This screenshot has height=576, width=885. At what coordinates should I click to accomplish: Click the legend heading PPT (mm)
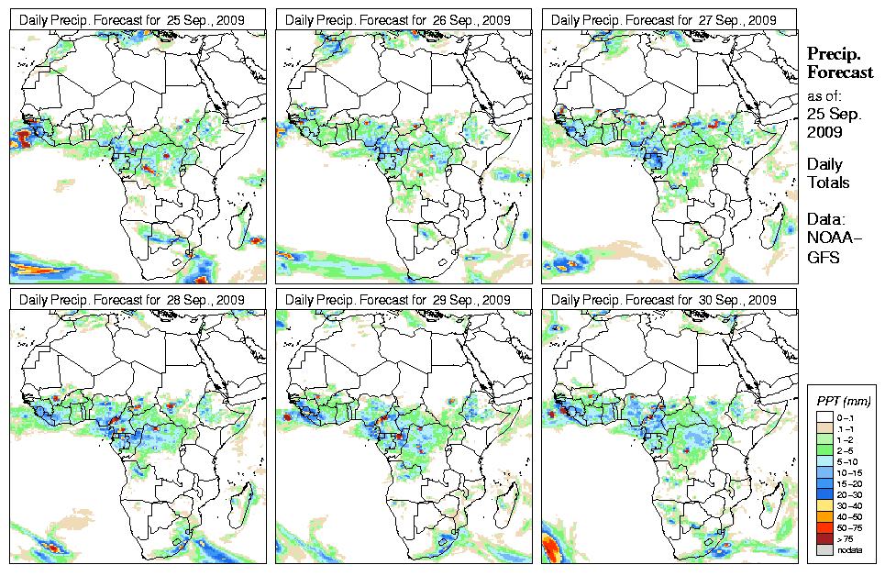843,402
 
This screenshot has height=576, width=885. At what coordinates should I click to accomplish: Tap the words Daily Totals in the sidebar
828,173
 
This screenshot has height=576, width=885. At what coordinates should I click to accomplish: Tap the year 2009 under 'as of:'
824,132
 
